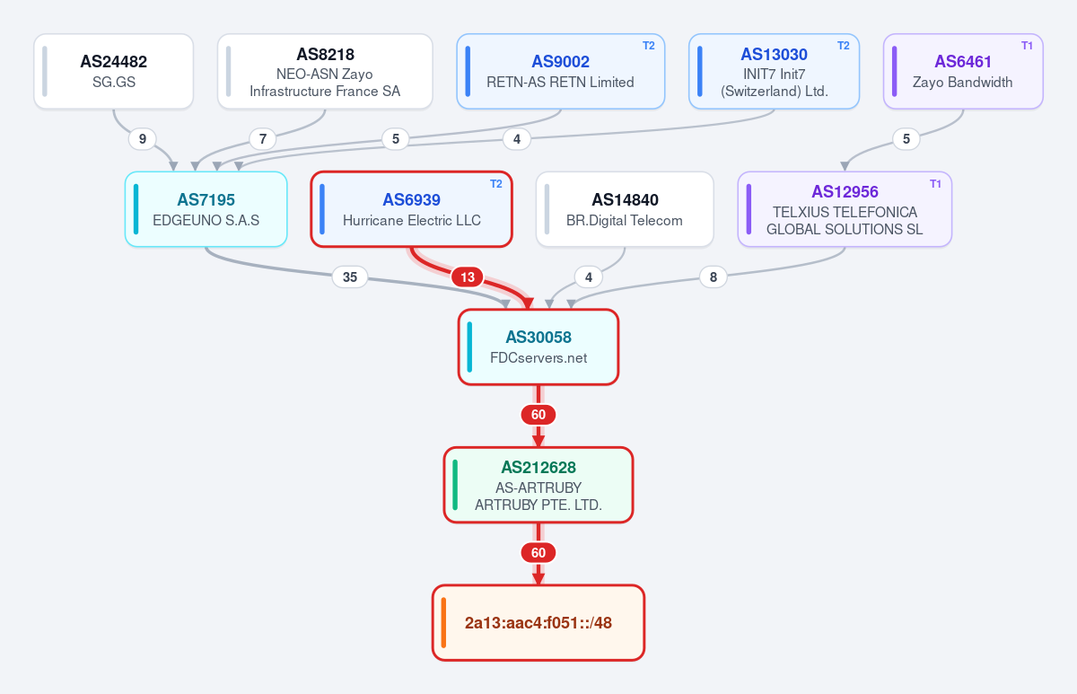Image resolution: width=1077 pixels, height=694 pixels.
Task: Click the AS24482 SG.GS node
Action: pyautogui.click(x=113, y=71)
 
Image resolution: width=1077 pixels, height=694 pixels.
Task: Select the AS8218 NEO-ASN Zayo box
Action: pyautogui.click(x=325, y=71)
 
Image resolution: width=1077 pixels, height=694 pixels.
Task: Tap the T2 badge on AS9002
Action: pyautogui.click(x=649, y=46)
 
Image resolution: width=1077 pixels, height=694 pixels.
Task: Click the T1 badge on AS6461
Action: pyautogui.click(x=1027, y=46)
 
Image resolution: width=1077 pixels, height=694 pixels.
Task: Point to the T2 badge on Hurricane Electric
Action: pyautogui.click(x=496, y=184)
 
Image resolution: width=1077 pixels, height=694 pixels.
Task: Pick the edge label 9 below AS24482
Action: pyautogui.click(x=143, y=139)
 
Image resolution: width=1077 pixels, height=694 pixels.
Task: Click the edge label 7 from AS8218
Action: pyautogui.click(x=263, y=139)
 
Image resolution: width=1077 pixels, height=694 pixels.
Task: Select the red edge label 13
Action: pyautogui.click(x=468, y=277)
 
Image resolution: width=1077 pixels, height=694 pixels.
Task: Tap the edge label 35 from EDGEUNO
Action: pyautogui.click(x=350, y=277)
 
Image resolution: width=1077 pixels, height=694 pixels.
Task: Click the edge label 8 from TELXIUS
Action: pyautogui.click(x=714, y=277)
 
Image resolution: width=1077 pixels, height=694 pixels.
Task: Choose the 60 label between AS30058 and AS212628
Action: pyautogui.click(x=538, y=415)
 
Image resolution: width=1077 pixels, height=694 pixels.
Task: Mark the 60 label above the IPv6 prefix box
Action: pyautogui.click(x=538, y=553)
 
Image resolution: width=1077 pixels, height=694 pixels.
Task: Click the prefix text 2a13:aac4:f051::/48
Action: pyautogui.click(x=538, y=623)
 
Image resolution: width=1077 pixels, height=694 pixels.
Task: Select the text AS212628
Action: pyautogui.click(x=538, y=468)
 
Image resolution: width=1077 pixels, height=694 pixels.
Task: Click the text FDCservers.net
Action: pyautogui.click(x=538, y=358)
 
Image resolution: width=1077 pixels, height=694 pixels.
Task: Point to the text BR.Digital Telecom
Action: pyautogui.click(x=625, y=220)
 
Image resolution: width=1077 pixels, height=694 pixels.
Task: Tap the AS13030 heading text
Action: pyautogui.click(x=774, y=55)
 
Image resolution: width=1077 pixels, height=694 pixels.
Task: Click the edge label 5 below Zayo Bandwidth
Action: pyautogui.click(x=906, y=139)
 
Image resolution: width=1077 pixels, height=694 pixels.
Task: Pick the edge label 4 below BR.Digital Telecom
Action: pyautogui.click(x=589, y=277)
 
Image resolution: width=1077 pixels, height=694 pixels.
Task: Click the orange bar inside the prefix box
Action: pyautogui.click(x=443, y=623)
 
